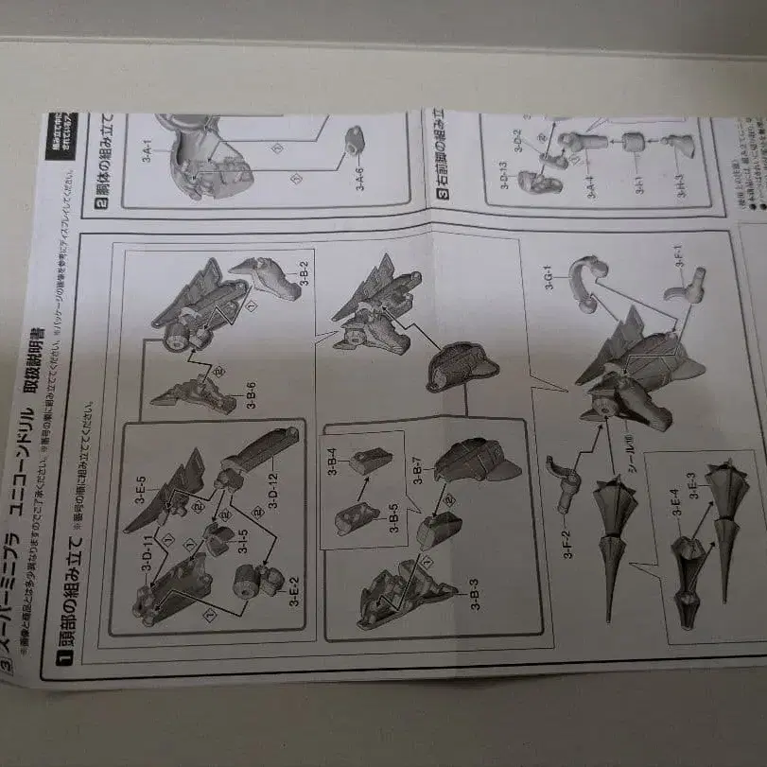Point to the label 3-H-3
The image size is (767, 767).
point(679,181)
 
